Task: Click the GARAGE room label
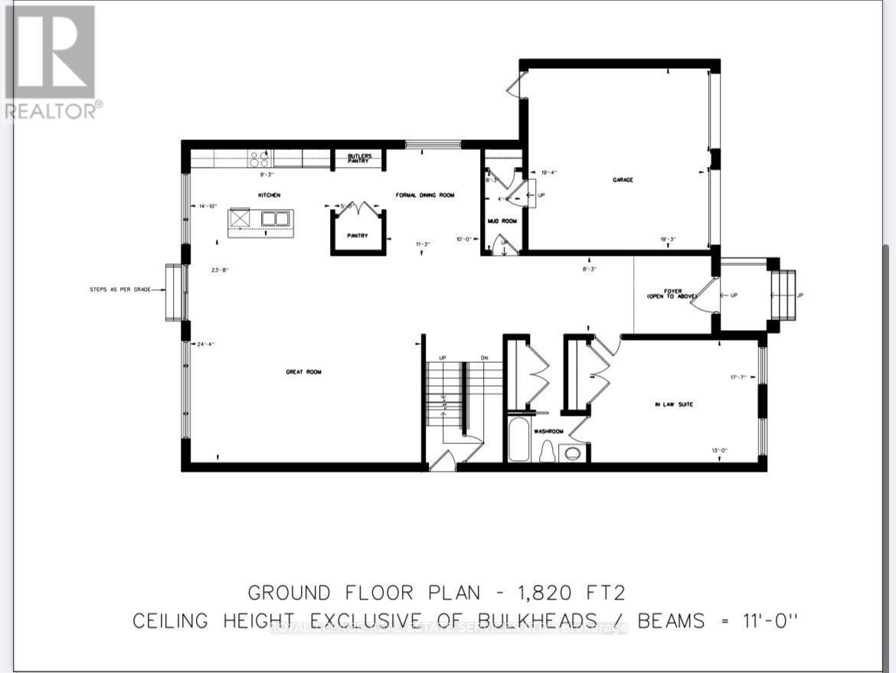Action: (623, 180)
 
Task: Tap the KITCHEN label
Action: (269, 196)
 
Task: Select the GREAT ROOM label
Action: (303, 372)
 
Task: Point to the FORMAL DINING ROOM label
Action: (425, 196)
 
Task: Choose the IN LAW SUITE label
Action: (674, 404)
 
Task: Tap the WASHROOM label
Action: (549, 432)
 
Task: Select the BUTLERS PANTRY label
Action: (360, 158)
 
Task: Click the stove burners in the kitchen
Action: (259, 158)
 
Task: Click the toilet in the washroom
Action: (548, 453)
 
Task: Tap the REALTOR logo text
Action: (52, 111)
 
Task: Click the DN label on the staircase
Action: (483, 358)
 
